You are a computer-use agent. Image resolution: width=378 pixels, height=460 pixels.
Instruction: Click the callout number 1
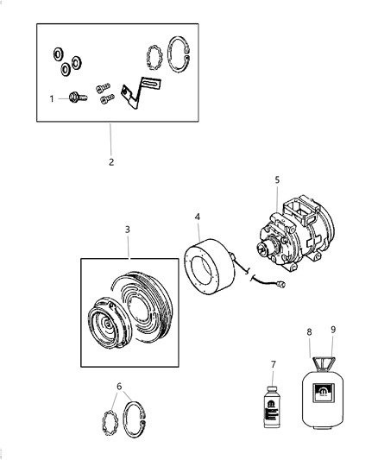point(51,99)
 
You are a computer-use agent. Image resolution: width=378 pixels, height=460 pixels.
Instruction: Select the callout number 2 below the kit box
point(111,161)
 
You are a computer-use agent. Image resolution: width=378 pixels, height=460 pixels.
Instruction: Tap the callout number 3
point(127,230)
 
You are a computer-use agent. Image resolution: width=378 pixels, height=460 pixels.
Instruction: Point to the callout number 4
point(198,217)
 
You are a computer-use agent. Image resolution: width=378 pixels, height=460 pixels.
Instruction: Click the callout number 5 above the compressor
point(277,180)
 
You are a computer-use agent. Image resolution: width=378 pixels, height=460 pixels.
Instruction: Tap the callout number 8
point(309,331)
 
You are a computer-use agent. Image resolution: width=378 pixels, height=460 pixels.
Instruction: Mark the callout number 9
point(333,330)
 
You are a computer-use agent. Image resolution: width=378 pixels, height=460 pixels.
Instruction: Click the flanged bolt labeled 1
point(75,99)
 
